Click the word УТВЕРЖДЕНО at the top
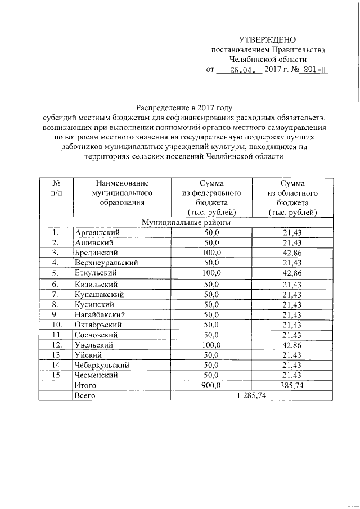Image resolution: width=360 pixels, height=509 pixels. [x=267, y=39]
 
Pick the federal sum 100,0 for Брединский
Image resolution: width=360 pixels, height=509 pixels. [x=211, y=253]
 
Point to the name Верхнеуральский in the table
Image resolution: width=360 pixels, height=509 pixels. [x=106, y=263]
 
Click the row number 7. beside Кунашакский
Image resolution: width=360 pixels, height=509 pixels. [x=56, y=294]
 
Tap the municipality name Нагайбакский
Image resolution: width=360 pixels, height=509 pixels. [x=100, y=314]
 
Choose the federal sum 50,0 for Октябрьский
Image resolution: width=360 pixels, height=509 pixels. [x=211, y=325]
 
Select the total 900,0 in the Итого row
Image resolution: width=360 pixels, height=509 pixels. [x=211, y=385]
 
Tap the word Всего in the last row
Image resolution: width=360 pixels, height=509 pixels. [x=85, y=396]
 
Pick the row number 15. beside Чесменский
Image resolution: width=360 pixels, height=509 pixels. [x=56, y=375]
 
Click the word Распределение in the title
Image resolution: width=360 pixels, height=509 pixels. [x=161, y=107]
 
